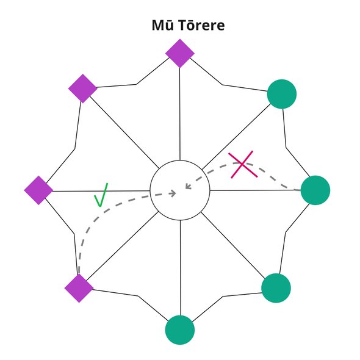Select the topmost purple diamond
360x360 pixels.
click(x=180, y=53)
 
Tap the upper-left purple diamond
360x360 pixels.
click(x=83, y=88)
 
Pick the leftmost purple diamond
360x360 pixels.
click(x=38, y=190)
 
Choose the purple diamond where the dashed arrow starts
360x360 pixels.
click(x=79, y=288)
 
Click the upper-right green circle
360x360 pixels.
click(x=282, y=94)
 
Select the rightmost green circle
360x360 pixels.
click(x=315, y=190)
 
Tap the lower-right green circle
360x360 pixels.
click(x=276, y=288)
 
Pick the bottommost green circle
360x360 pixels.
click(x=180, y=330)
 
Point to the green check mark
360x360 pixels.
click(x=101, y=195)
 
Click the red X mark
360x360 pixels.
click(x=243, y=164)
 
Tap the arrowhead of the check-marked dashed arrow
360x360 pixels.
click(x=173, y=193)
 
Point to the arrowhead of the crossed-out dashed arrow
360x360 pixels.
click(x=189, y=186)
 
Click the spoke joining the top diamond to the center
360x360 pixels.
click(x=180, y=114)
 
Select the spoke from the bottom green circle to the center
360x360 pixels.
click(x=181, y=268)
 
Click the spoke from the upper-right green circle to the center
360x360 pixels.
click(x=236, y=137)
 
